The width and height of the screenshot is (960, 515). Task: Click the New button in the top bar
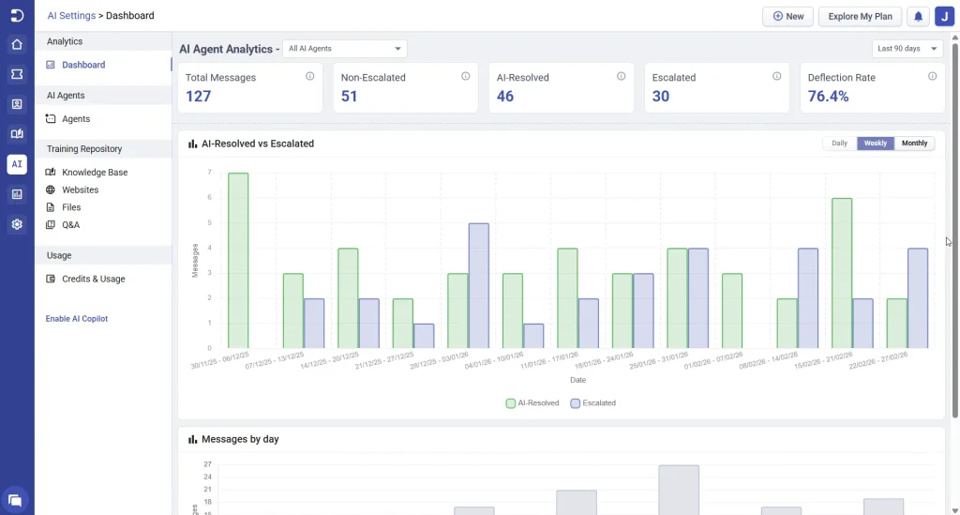787,16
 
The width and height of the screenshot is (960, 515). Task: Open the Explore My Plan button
860,16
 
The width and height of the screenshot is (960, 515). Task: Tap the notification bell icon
919,16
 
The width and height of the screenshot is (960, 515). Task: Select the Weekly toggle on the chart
876,144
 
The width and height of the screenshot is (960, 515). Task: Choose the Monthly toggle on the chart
914,144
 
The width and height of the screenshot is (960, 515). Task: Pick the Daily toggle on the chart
839,144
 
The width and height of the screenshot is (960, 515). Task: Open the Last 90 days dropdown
906,49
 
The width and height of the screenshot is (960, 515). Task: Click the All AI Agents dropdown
344,49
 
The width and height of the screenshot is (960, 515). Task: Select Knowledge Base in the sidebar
95,173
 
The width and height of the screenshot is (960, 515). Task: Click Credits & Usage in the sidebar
93,279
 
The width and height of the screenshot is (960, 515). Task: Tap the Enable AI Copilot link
77,319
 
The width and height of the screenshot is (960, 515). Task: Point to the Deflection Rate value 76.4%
828,96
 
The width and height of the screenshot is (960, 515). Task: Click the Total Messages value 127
198,96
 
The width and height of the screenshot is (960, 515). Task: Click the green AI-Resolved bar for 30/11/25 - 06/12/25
238,261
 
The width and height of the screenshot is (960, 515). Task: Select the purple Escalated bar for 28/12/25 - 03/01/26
478,285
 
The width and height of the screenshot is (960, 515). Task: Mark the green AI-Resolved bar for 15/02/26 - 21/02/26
841,273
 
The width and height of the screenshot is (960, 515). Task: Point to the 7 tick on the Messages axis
209,173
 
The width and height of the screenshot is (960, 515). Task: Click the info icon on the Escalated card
776,76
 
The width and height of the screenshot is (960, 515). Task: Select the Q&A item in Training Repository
70,225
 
